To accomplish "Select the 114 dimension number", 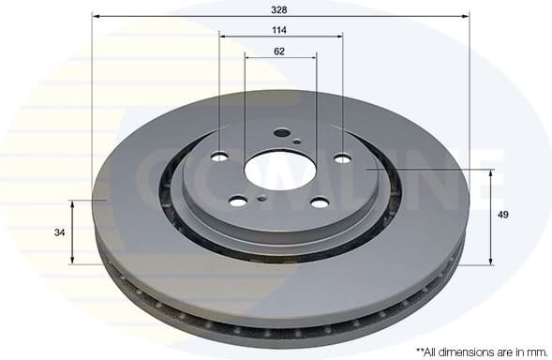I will (x=280, y=30).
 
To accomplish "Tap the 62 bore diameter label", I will (x=280, y=51).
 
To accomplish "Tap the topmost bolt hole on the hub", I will (x=281, y=132).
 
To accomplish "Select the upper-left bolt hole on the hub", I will (x=220, y=157).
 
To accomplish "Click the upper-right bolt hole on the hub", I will (x=342, y=158).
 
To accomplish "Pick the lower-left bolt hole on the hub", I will (x=238, y=201).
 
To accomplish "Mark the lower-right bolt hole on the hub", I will (x=320, y=202).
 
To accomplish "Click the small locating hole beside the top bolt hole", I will (x=296, y=142).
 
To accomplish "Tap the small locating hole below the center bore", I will (x=261, y=197).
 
